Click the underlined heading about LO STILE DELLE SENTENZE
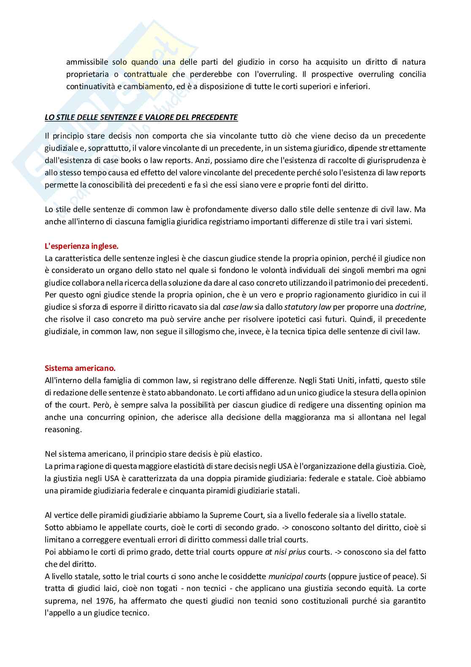(x=141, y=117)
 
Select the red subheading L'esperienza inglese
(x=81, y=246)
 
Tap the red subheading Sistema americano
(x=80, y=368)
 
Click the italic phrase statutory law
(x=308, y=307)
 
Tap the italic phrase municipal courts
(x=297, y=576)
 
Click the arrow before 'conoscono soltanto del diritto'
(x=285, y=527)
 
